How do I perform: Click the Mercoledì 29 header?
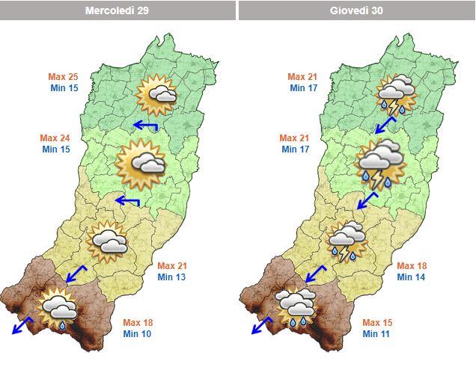pyautogui.click(x=118, y=10)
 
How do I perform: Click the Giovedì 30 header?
pyautogui.click(x=356, y=10)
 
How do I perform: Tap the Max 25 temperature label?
pyautogui.click(x=64, y=77)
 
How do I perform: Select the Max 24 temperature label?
pyautogui.click(x=54, y=138)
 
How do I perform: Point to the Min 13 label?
pyautogui.click(x=171, y=277)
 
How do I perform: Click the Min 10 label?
pyautogui.click(x=137, y=333)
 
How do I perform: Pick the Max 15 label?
pyautogui.click(x=376, y=323)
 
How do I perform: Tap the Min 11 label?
pyautogui.click(x=376, y=333)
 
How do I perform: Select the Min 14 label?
pyautogui.click(x=410, y=277)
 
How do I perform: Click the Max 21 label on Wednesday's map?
pyautogui.click(x=171, y=266)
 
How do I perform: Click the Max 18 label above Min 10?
pyautogui.click(x=137, y=323)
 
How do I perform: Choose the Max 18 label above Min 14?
pyautogui.click(x=410, y=266)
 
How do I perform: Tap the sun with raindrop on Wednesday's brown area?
pyautogui.click(x=58, y=308)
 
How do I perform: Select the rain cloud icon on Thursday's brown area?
pyautogui.click(x=296, y=306)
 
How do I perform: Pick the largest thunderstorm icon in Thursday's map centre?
pyautogui.click(x=381, y=164)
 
